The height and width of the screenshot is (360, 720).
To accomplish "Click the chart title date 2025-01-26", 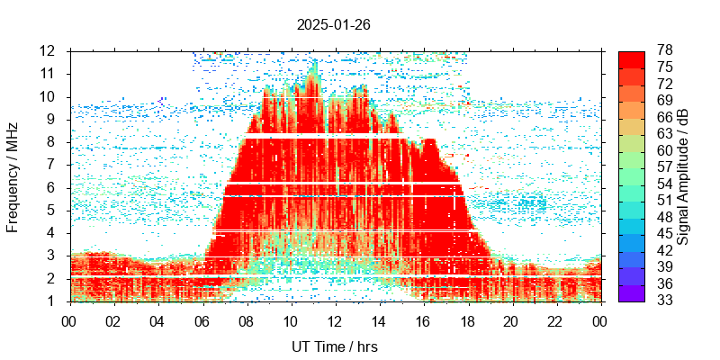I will click(333, 24).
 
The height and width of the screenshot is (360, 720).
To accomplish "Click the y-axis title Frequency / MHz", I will click(13, 175).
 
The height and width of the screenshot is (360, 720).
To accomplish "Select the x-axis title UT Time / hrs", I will click(335, 346).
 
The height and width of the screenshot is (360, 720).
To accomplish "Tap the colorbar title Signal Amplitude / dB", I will click(683, 175).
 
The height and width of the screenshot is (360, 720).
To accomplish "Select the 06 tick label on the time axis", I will click(202, 319).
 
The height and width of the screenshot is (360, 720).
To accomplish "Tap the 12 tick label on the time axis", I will click(335, 319).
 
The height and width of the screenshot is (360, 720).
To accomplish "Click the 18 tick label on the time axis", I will click(467, 319).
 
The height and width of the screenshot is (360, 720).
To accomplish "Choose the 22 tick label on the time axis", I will click(555, 319).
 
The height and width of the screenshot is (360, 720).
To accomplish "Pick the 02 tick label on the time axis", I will click(113, 319).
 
